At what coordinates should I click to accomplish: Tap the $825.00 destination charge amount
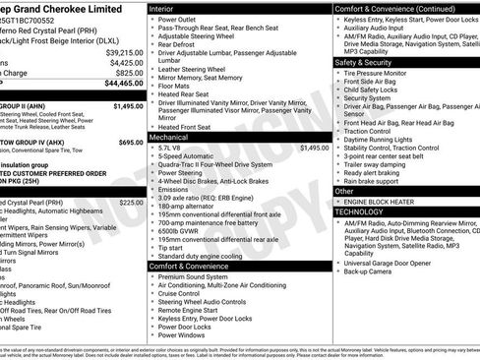pos(129,73)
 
